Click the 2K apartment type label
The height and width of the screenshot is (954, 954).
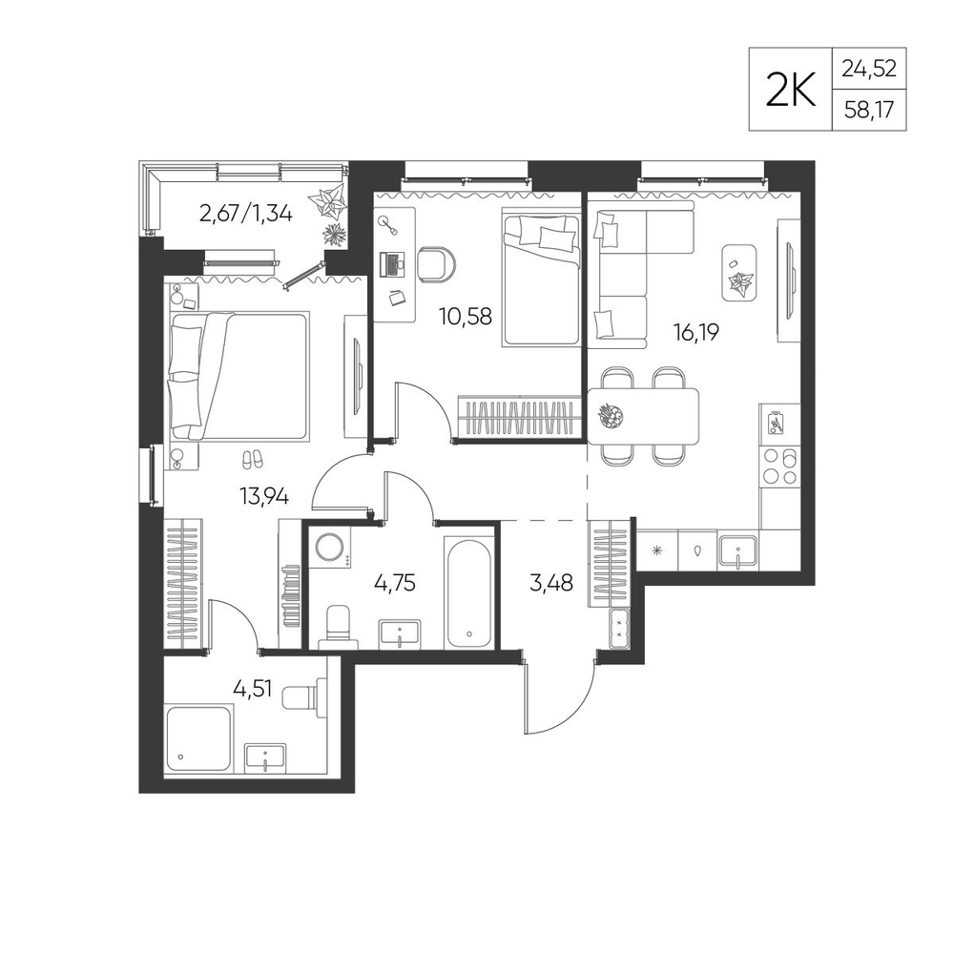(x=790, y=90)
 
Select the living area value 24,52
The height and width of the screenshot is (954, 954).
(x=869, y=69)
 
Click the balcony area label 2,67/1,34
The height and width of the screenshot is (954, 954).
(x=246, y=214)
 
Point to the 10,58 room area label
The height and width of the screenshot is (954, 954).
(x=466, y=317)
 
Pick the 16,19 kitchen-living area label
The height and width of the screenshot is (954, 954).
(x=696, y=332)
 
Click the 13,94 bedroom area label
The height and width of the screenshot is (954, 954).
(x=264, y=497)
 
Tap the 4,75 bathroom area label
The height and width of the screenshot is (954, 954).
(x=395, y=583)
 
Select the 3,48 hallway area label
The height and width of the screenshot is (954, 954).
(x=551, y=583)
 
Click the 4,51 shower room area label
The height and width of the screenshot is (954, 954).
(x=253, y=690)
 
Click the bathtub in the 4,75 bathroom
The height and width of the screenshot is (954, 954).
(x=468, y=592)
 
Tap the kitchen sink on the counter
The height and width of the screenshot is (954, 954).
(x=737, y=551)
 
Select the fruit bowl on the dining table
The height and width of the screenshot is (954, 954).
(x=612, y=416)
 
